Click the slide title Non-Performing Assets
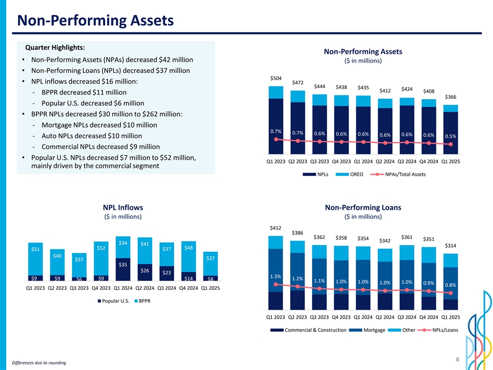(x=95, y=21)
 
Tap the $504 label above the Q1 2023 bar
(x=276, y=78)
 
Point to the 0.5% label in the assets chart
(x=451, y=136)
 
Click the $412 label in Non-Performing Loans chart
(x=276, y=228)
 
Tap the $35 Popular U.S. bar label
(x=123, y=265)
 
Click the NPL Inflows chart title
(x=123, y=208)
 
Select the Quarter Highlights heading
(x=59, y=47)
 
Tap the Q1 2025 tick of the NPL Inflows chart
(x=211, y=288)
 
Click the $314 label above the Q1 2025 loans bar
(x=451, y=245)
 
